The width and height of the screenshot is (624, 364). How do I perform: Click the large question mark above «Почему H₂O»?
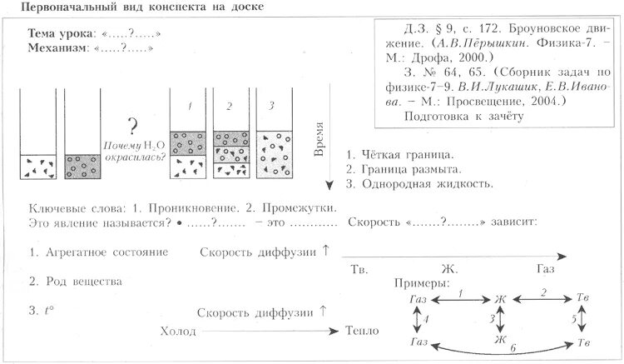(131, 127)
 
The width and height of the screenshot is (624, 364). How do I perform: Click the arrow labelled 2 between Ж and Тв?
(542, 297)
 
